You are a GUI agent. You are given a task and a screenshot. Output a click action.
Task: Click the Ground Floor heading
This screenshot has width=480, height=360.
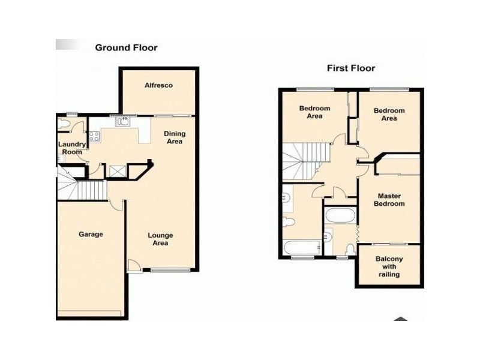[x=126, y=47]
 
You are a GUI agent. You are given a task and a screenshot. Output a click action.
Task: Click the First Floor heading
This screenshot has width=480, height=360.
[x=351, y=68]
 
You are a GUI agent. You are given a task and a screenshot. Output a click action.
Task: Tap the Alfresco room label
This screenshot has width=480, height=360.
[x=158, y=85]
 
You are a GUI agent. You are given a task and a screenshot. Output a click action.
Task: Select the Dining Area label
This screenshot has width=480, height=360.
[x=175, y=137]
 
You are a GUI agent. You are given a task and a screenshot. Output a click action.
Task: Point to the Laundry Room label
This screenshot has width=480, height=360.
[x=72, y=148]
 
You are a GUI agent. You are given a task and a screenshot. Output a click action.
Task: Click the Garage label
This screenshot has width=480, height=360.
[x=91, y=234]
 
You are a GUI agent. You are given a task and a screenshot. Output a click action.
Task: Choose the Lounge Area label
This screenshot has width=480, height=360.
[x=161, y=239]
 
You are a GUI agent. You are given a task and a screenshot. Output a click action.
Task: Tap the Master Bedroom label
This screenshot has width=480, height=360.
[x=389, y=200]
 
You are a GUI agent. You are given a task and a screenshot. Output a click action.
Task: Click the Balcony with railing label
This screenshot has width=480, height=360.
[x=389, y=266]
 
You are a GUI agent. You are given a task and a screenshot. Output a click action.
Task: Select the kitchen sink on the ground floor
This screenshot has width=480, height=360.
[x=124, y=122]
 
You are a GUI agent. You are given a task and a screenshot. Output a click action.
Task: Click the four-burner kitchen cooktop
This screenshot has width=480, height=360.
[x=94, y=136]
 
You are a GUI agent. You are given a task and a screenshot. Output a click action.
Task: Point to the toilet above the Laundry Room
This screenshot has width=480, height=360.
[x=65, y=125]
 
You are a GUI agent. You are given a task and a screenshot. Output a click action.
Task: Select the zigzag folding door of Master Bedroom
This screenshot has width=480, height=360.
[x=357, y=231]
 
